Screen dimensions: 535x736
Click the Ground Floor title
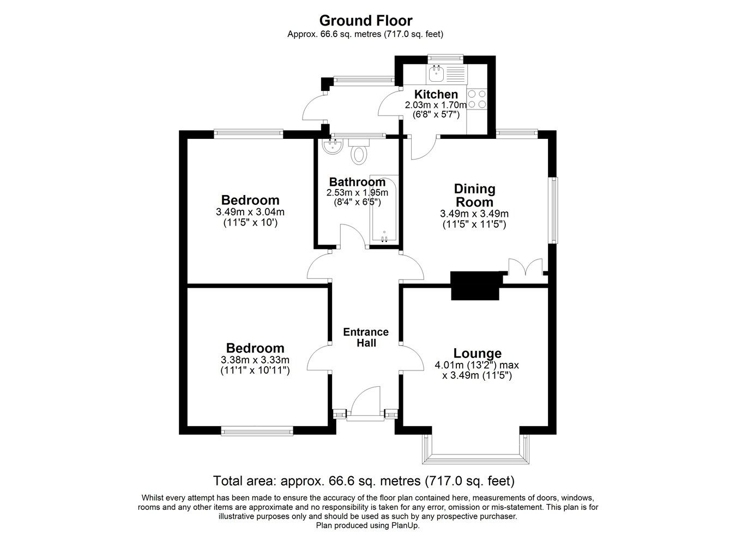[x=365, y=21]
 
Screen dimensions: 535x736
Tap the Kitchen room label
[x=436, y=94]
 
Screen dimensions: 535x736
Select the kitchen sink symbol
[x=436, y=71]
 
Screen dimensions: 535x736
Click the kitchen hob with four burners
[x=477, y=99]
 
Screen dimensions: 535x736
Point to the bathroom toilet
[x=358, y=153]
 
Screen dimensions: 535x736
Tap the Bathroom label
[x=357, y=182]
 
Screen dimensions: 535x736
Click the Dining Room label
[x=474, y=195]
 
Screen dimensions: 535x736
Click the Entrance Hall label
[x=365, y=337]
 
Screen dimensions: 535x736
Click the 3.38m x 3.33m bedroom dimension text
[x=255, y=360]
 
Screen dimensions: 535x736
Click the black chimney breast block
[x=475, y=285]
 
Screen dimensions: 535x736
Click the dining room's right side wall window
[x=553, y=210]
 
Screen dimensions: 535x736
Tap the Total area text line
[x=364, y=481]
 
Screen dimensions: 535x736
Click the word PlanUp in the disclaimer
[x=405, y=525]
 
